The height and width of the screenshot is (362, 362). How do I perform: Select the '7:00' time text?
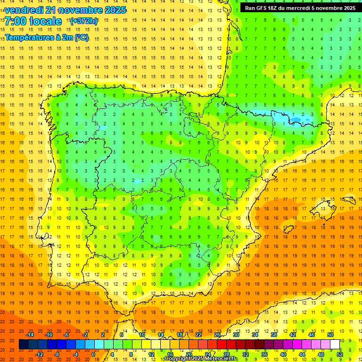pos(16,21)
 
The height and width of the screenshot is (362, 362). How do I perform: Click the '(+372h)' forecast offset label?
pos(83,21)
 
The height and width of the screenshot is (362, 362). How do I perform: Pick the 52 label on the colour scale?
pos(340,354)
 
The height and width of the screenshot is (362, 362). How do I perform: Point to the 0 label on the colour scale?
pos(93,354)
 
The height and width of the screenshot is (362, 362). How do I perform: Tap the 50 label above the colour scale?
pos(330,335)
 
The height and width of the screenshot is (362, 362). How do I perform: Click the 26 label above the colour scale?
pos(217,335)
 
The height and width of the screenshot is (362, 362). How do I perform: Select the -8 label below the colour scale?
pos(57,354)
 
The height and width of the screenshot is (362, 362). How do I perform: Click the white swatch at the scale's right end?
pos(335,345)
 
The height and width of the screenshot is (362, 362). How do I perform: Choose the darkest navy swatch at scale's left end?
pos(24,345)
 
